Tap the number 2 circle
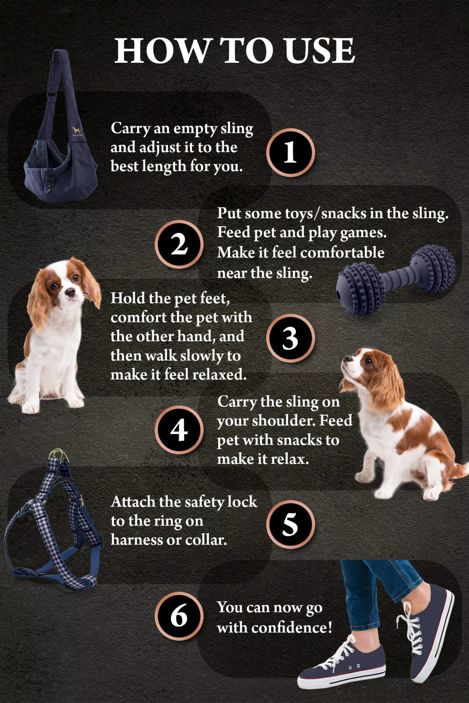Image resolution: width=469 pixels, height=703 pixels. click(179, 244)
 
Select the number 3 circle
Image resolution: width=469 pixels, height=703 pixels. click(290, 338)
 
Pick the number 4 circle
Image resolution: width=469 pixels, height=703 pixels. click(179, 430)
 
